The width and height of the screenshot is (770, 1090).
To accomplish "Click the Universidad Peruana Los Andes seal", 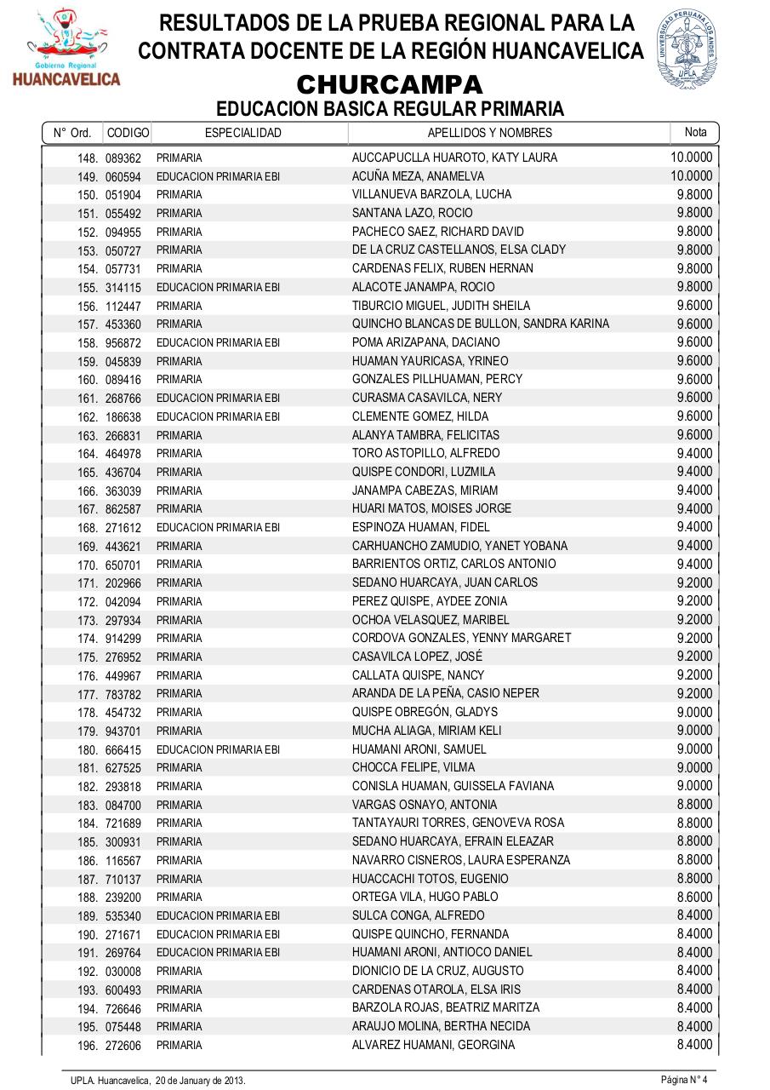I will [687, 49].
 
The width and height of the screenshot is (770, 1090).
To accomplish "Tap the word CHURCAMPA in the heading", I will [390, 85].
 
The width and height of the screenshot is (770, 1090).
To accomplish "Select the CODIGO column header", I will [128, 133].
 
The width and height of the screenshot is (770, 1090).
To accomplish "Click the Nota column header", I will [695, 132].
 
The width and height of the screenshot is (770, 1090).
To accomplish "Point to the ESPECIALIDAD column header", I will [243, 133].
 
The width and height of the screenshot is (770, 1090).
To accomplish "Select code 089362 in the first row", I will [123, 158].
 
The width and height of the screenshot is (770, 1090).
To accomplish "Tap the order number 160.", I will [88, 380].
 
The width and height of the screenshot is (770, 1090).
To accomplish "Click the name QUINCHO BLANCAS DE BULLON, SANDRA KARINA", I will [481, 324].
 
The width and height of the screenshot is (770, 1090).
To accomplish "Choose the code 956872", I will [123, 343].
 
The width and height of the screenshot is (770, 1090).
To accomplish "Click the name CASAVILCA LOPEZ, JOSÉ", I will [417, 657].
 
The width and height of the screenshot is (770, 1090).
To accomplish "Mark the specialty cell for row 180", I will [218, 750].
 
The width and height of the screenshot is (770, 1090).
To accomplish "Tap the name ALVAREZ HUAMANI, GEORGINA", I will [433, 1046].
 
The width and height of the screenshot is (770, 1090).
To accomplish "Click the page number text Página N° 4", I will [684, 1080].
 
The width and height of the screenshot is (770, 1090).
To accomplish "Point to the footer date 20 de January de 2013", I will [200, 1081].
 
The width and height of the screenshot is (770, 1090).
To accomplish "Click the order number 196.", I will [88, 1046].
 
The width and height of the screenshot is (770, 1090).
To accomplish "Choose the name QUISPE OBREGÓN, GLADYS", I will [425, 712].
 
